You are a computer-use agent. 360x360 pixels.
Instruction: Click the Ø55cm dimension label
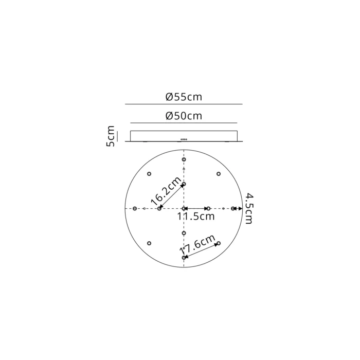(x=184, y=97)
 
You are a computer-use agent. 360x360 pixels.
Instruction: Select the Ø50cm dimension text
(x=184, y=116)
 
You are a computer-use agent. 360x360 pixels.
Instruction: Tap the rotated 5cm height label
(x=111, y=136)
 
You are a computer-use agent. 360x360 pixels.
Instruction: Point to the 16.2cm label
(x=166, y=191)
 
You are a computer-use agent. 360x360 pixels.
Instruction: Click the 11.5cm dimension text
(x=196, y=217)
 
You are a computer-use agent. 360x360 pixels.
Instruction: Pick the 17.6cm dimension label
(x=197, y=246)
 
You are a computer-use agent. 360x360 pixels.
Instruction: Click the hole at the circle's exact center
(x=184, y=208)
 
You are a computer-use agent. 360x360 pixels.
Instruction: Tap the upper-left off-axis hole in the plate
(x=149, y=173)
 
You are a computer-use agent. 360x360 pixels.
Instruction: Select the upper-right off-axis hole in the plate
(x=218, y=173)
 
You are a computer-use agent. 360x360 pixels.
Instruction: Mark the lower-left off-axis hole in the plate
(x=149, y=243)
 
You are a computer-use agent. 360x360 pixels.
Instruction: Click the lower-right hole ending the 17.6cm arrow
(x=218, y=243)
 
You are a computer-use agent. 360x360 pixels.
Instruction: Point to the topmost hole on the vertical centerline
(x=184, y=159)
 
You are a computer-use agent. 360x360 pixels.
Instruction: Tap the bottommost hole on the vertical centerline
(x=184, y=257)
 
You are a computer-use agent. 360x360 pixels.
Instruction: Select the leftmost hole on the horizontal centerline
(x=135, y=208)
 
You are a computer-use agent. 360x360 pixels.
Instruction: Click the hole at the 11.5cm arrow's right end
(x=208, y=208)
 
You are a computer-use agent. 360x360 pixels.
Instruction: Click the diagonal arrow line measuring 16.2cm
(x=172, y=196)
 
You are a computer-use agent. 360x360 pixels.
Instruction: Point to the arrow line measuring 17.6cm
(x=201, y=250)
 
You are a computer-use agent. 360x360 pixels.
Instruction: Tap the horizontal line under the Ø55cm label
(x=184, y=104)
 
